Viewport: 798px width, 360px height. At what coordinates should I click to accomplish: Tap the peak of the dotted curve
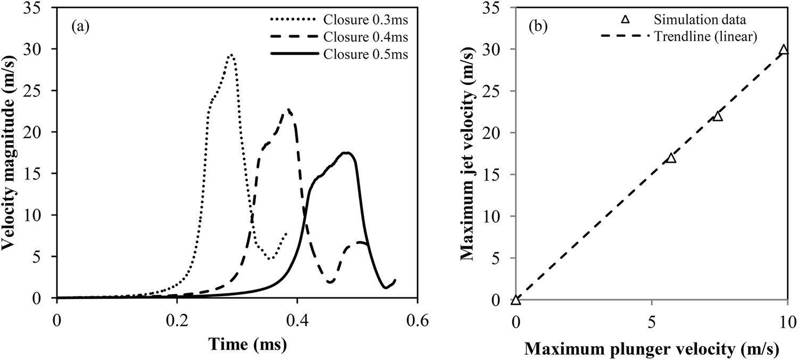click(x=230, y=55)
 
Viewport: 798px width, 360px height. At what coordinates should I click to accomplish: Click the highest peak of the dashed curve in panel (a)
click(x=288, y=110)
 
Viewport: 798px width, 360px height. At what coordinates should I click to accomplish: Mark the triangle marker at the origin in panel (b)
click(x=516, y=300)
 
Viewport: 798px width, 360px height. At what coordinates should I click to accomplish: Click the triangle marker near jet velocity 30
click(x=783, y=50)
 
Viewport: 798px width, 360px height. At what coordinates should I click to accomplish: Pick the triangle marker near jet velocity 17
click(x=671, y=158)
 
